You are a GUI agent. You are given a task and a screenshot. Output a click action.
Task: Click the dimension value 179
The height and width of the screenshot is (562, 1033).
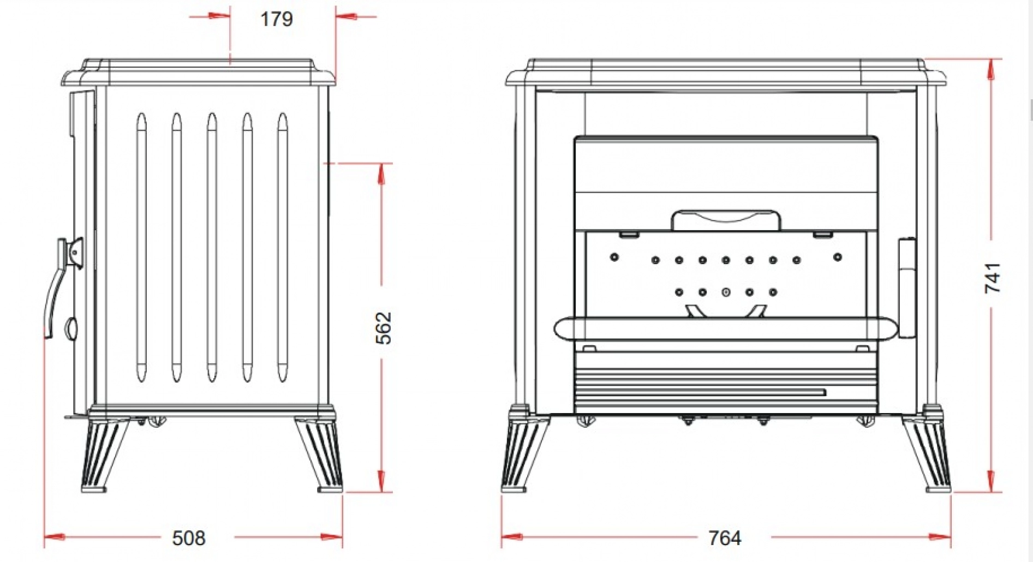[x=276, y=19]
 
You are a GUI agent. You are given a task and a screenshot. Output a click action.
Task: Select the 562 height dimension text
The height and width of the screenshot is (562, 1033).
[x=384, y=327]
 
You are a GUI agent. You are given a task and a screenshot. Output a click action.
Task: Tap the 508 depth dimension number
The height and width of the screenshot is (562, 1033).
[x=189, y=538]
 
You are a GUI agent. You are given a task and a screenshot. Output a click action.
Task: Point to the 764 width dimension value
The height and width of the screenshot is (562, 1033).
[x=724, y=538]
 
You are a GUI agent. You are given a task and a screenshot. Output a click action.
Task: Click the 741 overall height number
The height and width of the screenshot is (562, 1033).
[x=992, y=278]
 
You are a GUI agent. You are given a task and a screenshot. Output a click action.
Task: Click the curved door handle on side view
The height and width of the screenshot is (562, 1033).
[x=55, y=295]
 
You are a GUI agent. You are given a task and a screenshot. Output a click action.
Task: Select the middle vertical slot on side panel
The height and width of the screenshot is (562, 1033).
[x=212, y=247]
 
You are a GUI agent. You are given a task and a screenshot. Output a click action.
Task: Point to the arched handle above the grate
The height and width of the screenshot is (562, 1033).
[x=726, y=219]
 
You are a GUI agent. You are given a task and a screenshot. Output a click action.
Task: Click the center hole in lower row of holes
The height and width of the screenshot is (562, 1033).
[x=726, y=292]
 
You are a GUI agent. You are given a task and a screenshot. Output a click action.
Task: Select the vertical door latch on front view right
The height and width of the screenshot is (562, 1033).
[x=907, y=288]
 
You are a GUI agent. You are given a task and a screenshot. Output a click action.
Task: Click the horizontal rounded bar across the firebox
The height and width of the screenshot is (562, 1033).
[x=726, y=329]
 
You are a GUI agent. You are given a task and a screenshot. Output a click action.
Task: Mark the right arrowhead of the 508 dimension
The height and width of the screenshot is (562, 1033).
[x=332, y=537]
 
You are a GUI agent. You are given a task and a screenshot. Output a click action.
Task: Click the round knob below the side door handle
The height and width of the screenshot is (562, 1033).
[x=71, y=328]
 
